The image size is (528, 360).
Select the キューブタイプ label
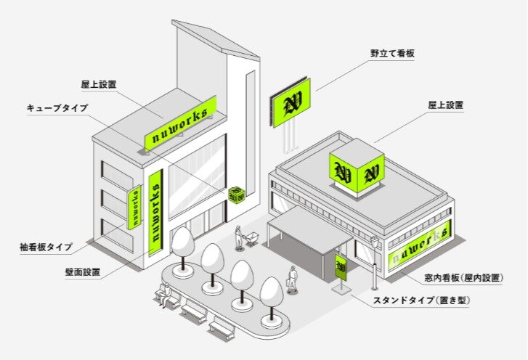pyautogui.click(x=59, y=108)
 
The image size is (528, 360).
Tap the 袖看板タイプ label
pyautogui.click(x=46, y=247)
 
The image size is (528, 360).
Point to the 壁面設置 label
pyautogui.click(x=82, y=273)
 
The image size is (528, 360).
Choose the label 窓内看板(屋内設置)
pyautogui.click(x=463, y=278)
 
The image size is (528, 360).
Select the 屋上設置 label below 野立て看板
pyautogui.click(x=444, y=105)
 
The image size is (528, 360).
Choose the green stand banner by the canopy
pyautogui.click(x=340, y=266)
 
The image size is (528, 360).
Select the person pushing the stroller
pyautogui.click(x=238, y=237)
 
